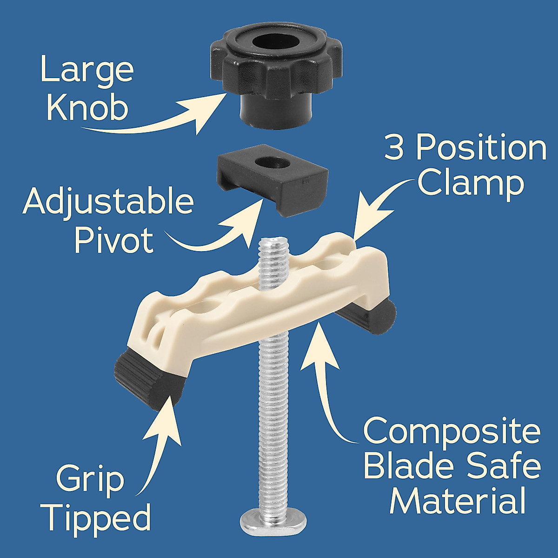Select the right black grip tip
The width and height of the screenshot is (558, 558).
(379, 316)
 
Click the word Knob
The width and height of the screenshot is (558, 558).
(87, 108)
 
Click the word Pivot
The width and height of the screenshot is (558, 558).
(114, 241)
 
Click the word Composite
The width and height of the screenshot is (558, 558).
(451, 432)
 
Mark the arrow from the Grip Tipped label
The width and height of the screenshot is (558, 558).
(160, 437)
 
